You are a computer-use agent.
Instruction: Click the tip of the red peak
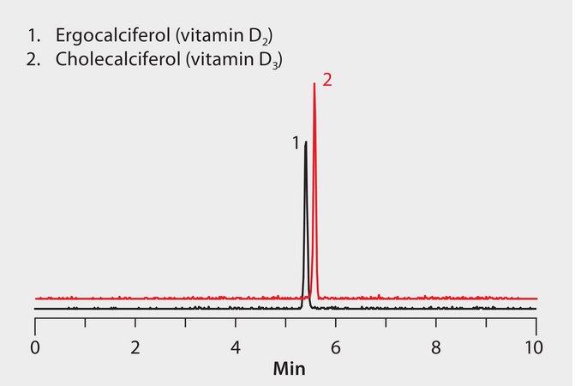(314, 83)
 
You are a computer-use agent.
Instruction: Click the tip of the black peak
(305, 142)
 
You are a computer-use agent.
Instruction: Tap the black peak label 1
(296, 143)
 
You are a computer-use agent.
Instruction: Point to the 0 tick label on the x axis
(35, 348)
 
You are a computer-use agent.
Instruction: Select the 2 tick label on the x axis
(135, 348)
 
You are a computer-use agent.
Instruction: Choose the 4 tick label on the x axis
(236, 348)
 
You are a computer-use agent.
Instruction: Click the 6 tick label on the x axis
(336, 348)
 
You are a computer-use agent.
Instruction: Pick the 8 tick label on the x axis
(436, 348)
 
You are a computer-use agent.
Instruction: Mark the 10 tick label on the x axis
(536, 348)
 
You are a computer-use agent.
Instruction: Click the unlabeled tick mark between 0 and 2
(85, 323)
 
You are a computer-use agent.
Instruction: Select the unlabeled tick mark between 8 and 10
(486, 323)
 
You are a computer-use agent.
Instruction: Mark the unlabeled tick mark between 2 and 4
(185, 323)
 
